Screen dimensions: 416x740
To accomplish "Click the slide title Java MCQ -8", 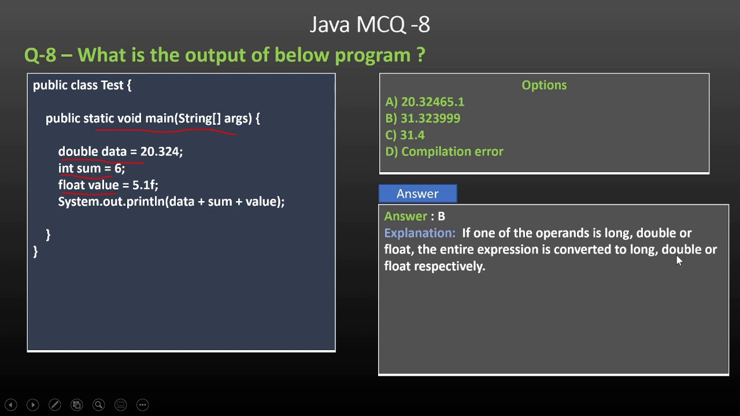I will point(369,25).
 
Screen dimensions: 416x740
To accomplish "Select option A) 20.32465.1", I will point(424,102).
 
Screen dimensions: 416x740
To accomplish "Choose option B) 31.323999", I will point(423,118).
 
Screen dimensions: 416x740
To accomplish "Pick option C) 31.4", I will point(405,135).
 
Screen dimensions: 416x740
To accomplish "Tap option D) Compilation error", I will point(444,151).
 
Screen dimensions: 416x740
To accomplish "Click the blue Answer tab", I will point(417,194).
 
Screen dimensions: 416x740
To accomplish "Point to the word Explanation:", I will point(420,233).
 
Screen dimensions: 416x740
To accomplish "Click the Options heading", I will point(544,86).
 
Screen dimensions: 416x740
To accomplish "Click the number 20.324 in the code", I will point(160,151).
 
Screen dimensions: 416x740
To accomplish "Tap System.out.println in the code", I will point(112,202).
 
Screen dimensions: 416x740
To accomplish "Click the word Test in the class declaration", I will point(112,86).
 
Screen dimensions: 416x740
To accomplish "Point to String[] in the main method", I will point(199,118).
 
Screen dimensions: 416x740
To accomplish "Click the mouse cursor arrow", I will point(679,261).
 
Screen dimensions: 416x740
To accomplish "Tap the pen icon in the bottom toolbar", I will point(54,405).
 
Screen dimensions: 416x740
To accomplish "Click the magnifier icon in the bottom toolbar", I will point(98,405).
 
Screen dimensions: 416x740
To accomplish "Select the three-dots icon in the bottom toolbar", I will point(142,405).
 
